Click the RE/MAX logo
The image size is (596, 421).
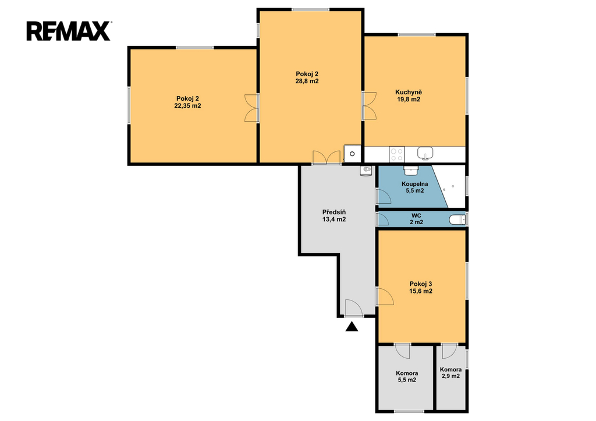pos(69,31)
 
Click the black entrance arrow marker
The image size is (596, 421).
pos(352,327)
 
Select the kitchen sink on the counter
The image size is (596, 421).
pos(425,153)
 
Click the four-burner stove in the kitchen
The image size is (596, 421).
pos(397,154)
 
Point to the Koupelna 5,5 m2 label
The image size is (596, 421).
pos(414,187)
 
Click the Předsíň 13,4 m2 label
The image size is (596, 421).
pos(334,215)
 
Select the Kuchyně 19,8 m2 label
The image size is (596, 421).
pos(409,95)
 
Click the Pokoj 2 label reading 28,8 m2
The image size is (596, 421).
pos(307,77)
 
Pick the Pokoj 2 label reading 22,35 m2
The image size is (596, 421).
pos(187,102)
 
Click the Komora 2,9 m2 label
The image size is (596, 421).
pos(451,373)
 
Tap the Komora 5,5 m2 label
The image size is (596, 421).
pos(407,377)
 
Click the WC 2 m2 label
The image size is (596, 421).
pos(416,219)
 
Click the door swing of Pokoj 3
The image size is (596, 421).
pos(385,296)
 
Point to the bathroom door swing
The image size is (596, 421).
pos(384,196)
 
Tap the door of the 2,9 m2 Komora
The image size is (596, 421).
pos(449,351)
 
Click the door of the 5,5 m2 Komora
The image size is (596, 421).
pos(402,351)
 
